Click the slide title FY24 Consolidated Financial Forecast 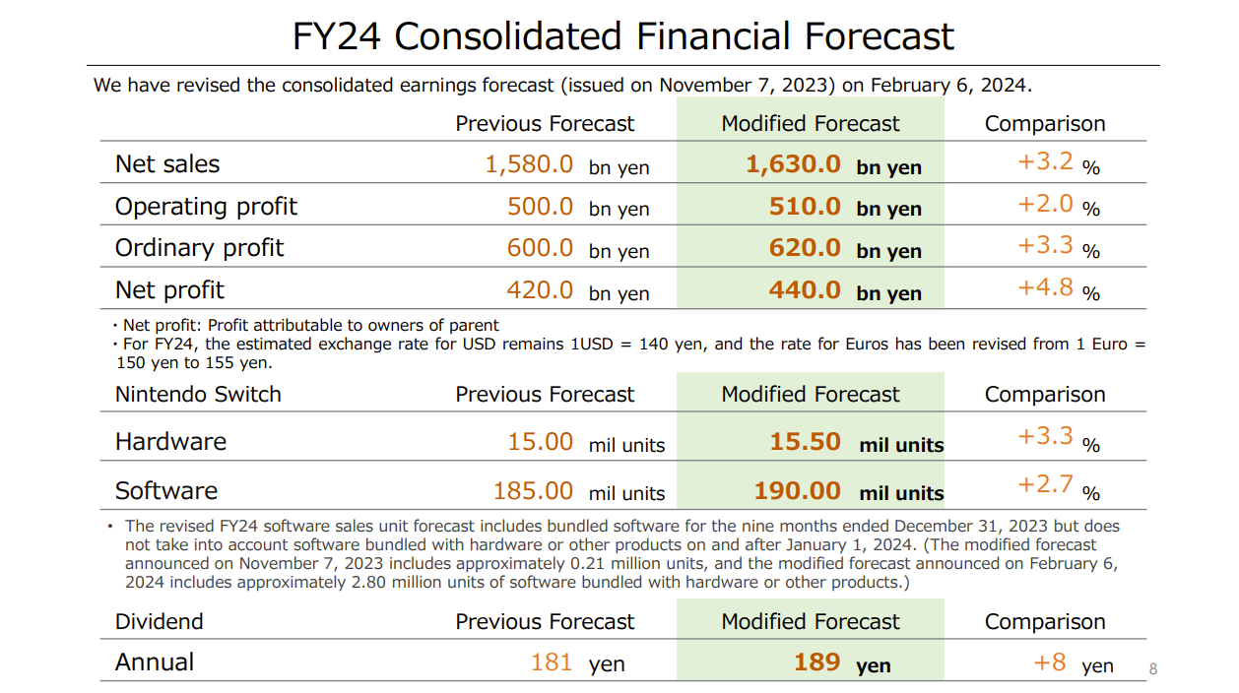[622, 36]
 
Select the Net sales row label [167, 164]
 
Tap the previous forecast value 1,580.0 [529, 164]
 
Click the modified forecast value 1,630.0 [793, 164]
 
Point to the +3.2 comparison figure [1045, 161]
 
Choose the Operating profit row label [206, 207]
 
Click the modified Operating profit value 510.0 [805, 207]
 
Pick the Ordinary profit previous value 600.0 [540, 248]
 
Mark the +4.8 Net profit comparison [1045, 287]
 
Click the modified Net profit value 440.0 [805, 290]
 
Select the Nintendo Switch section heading [198, 395]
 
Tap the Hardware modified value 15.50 [805, 442]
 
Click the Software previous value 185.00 [533, 490]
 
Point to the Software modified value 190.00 [797, 491]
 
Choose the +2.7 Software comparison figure [1045, 485]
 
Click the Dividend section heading [159, 622]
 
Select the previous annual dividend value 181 [551, 662]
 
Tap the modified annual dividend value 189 [816, 662]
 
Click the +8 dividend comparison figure [1049, 662]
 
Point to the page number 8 [1153, 670]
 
